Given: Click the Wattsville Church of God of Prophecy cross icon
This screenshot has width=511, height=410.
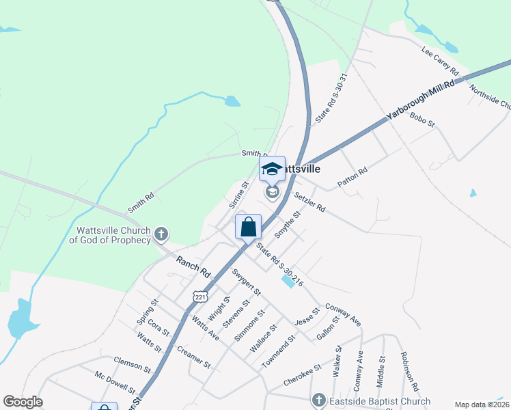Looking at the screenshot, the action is point(161,235).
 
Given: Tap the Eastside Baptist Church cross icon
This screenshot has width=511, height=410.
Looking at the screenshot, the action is point(318,400).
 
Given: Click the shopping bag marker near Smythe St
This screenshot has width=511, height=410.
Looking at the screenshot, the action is point(248,227).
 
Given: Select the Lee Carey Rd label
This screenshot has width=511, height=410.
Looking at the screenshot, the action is point(439,59).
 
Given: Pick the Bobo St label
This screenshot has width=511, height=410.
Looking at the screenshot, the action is point(422,120).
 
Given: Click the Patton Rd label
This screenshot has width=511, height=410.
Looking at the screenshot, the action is point(353,178).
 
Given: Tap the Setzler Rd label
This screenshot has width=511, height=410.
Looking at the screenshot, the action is point(309,202).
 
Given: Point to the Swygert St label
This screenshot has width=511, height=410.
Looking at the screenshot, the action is point(246,282).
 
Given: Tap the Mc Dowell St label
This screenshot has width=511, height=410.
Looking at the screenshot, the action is point(115,383).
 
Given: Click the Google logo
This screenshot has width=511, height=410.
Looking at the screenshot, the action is point(23,402).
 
